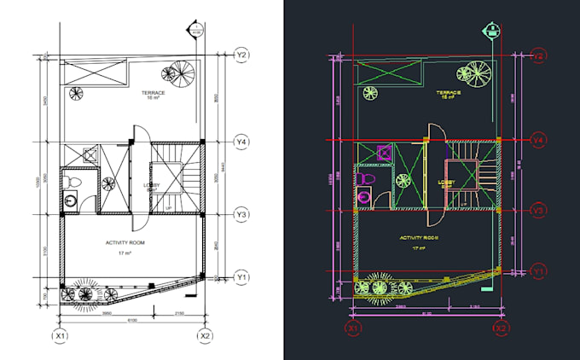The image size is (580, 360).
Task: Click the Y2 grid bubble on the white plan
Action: [x=242, y=55]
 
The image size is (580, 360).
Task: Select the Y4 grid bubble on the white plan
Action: [x=242, y=140]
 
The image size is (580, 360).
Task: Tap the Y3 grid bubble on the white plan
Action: [x=242, y=214]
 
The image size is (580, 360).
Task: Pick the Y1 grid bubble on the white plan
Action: [x=242, y=276]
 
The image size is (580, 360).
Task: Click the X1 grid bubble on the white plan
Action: [x=60, y=336]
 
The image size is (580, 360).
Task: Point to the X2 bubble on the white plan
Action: [x=205, y=336]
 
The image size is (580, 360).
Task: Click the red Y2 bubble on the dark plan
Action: [x=539, y=56]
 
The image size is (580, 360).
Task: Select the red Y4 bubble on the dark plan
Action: [x=539, y=139]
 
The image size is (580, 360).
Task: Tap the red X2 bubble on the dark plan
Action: [x=502, y=328]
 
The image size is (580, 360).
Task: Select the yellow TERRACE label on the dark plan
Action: [x=449, y=91]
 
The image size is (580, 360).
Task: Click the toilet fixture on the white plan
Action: [x=72, y=182]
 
